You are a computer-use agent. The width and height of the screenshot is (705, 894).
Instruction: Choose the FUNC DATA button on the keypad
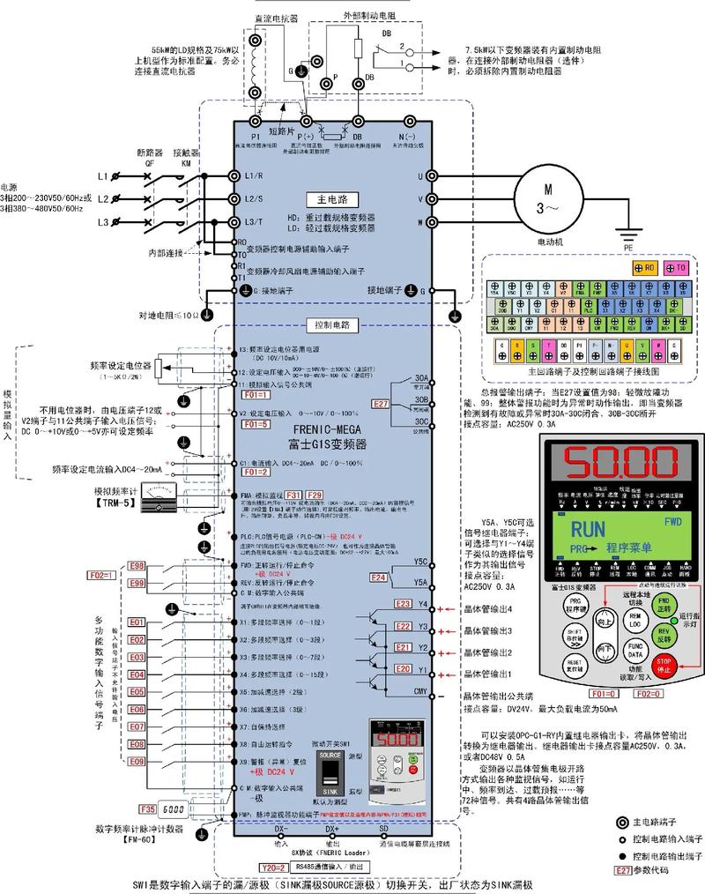tap(634, 652)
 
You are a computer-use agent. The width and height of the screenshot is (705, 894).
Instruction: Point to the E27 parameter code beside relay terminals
tap(380, 404)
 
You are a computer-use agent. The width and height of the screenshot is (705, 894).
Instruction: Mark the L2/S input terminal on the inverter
tap(255, 198)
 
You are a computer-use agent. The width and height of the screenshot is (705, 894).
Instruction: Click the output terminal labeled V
tap(421, 198)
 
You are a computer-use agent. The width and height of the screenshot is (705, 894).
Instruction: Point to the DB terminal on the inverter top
tap(358, 138)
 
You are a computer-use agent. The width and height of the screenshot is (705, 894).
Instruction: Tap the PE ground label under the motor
tap(628, 249)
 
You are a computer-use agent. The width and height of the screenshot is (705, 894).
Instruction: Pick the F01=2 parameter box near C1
tap(255, 473)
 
